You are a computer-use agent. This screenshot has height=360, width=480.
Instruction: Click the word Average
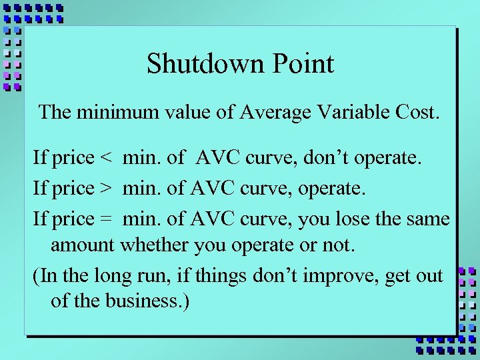click(270, 111)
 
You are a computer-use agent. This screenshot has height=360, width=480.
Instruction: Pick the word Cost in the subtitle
click(418, 111)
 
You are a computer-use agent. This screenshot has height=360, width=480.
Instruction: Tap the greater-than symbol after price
click(105, 189)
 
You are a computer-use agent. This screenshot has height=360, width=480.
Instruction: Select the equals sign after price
click(105, 218)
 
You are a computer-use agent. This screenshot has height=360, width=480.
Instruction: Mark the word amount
click(83, 245)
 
